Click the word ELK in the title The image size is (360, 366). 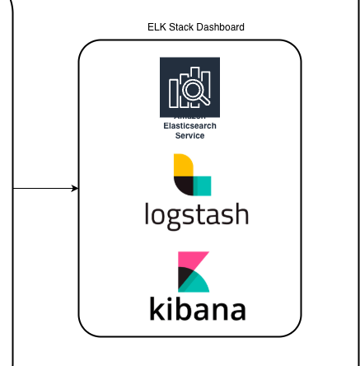point(156,27)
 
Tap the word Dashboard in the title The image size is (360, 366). point(219,27)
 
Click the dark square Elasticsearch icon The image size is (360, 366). point(189,87)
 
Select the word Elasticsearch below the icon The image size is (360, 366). point(189,127)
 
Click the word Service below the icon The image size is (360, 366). point(189,135)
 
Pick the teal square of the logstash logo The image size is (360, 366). point(203,185)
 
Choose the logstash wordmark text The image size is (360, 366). point(196,214)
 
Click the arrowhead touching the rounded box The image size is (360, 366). point(75,189)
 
